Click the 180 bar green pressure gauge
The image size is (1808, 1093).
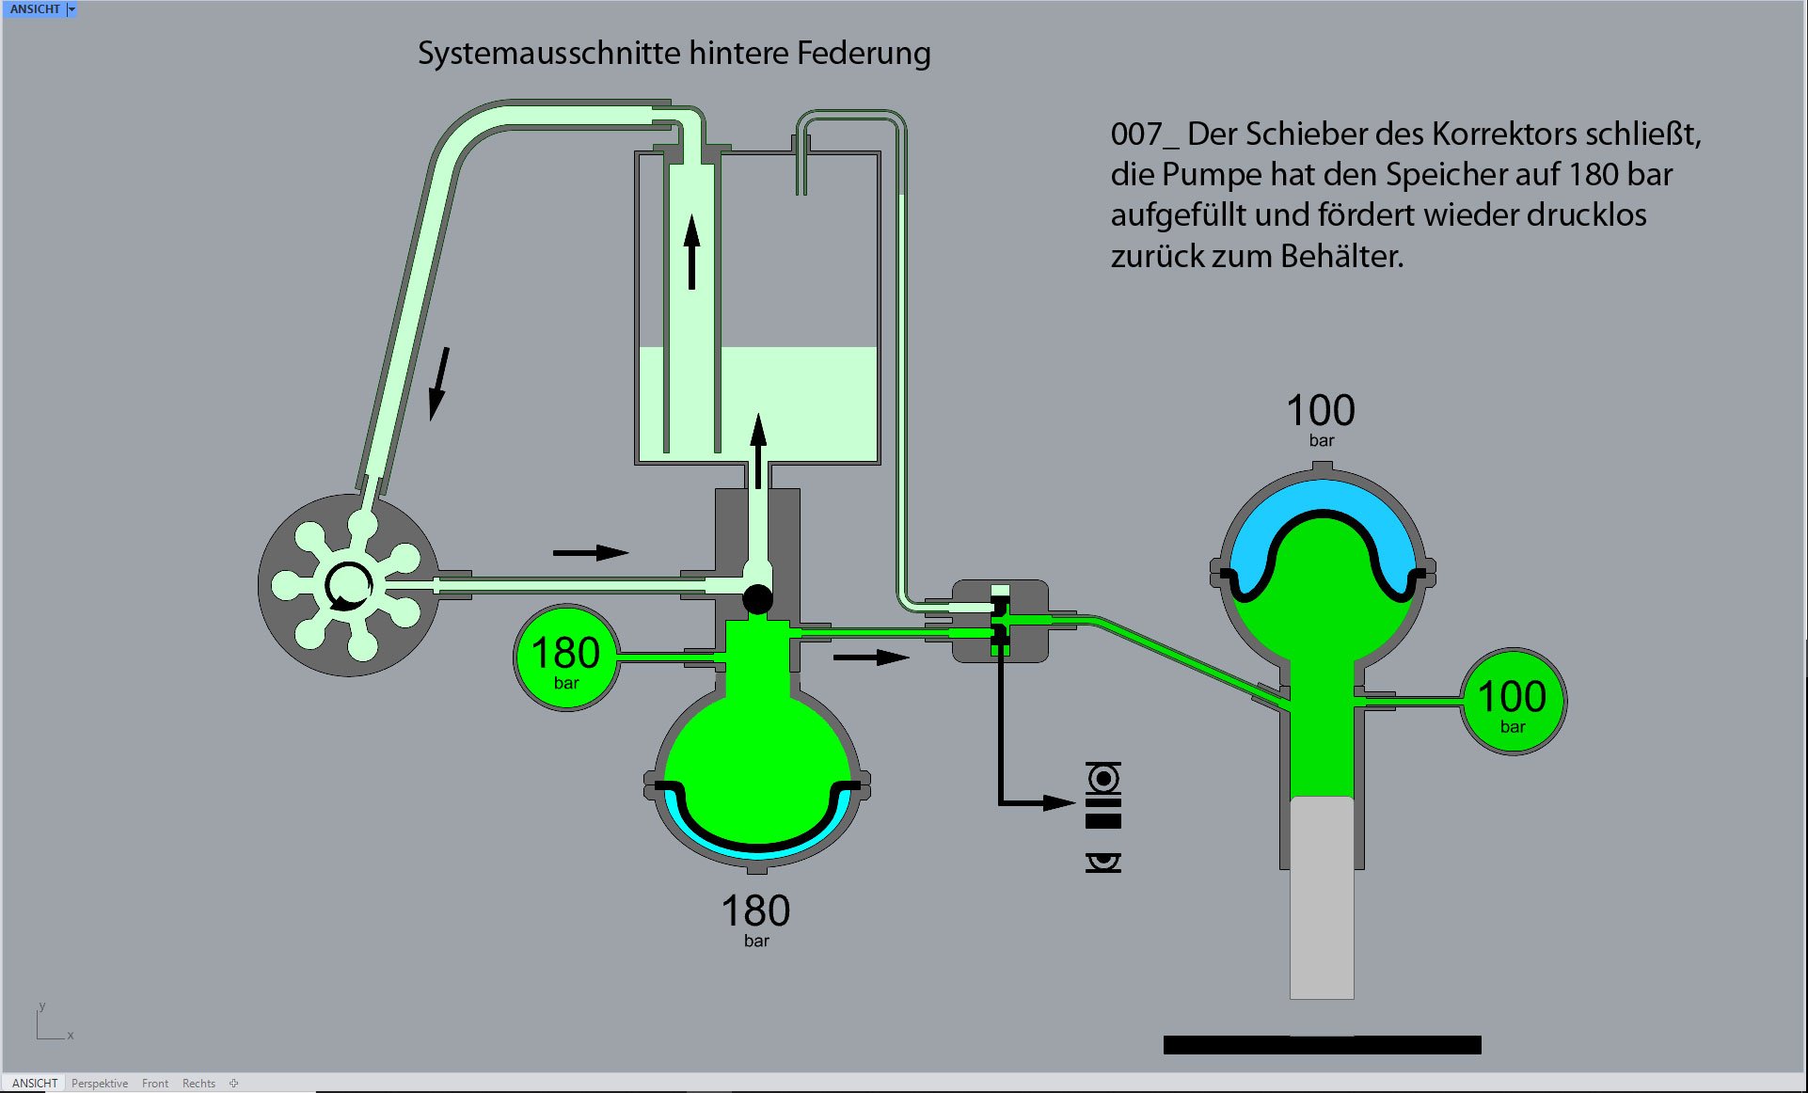click(565, 657)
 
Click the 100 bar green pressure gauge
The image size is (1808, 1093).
click(1512, 702)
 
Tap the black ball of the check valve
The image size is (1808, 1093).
click(757, 598)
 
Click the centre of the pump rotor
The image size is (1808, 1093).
click(347, 585)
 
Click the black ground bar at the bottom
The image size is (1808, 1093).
click(1322, 1044)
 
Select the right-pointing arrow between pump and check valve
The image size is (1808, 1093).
click(590, 552)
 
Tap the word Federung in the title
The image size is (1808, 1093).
click(864, 54)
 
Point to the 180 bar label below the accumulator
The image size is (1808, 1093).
click(755, 919)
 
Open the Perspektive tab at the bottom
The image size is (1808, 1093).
click(99, 1084)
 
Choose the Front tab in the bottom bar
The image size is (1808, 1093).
click(154, 1084)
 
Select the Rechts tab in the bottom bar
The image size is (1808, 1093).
click(198, 1084)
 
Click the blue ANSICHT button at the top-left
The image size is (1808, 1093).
click(35, 8)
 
